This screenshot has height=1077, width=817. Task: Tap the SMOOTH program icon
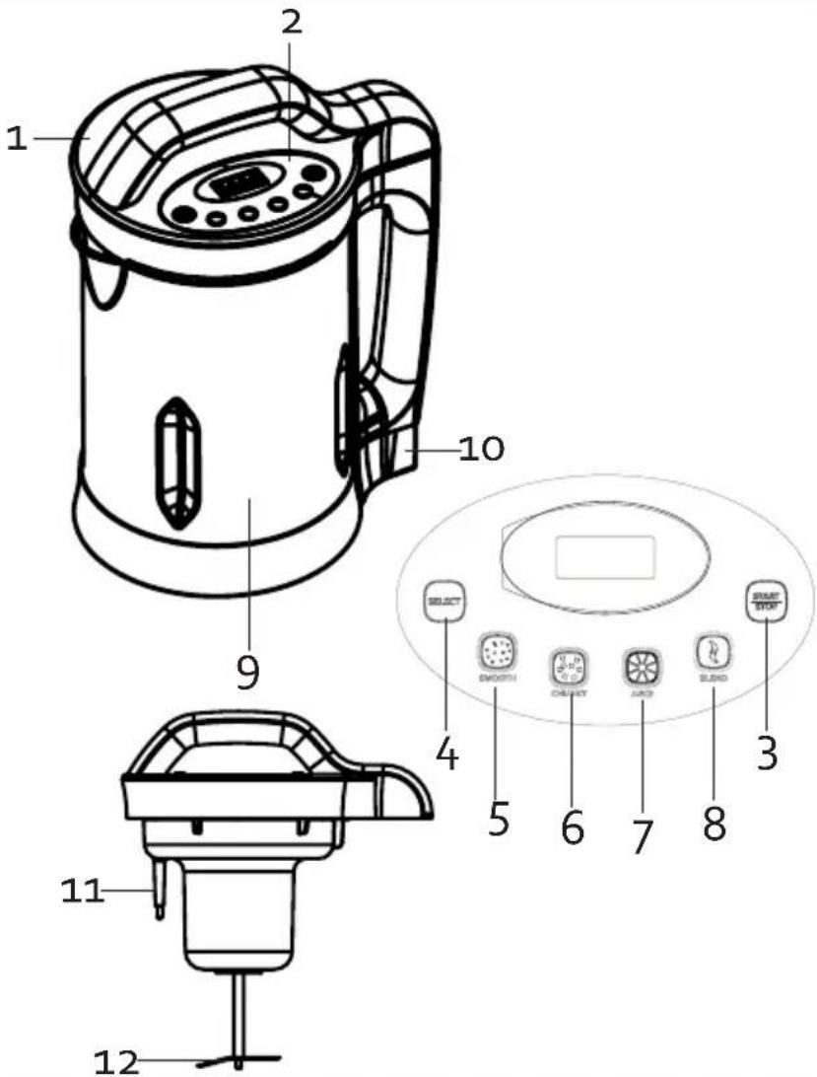click(x=496, y=650)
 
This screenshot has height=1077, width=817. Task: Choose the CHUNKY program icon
click(x=568, y=666)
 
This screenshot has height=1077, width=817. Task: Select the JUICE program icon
click(x=640, y=666)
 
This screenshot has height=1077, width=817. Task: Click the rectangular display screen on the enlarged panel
click(x=605, y=558)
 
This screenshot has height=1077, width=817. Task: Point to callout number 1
click(x=16, y=139)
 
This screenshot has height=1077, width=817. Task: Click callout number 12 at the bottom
click(x=116, y=1061)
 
